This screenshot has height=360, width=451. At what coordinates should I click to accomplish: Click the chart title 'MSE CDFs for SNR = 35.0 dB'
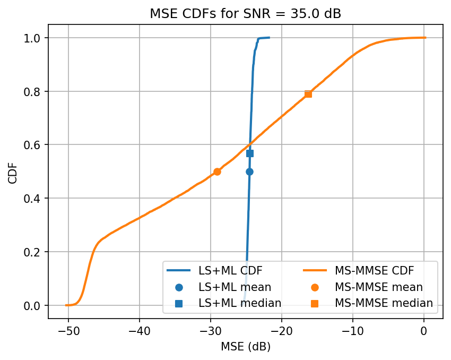coord(245,14)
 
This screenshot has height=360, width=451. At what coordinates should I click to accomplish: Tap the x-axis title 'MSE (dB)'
coord(245,347)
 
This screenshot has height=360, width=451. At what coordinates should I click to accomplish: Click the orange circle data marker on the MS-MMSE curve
coord(217,172)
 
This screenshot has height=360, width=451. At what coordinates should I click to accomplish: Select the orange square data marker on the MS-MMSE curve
coord(308,94)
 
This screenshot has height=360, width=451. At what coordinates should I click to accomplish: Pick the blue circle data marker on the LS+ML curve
coord(249,172)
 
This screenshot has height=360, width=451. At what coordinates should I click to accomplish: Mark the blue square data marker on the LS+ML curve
coord(250,153)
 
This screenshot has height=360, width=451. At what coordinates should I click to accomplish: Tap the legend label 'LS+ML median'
coord(239,303)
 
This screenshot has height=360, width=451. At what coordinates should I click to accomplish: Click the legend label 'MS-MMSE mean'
coord(378,287)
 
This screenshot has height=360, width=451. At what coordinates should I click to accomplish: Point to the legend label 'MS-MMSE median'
coord(384,303)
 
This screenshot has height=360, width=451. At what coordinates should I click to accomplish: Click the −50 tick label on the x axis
coord(68,331)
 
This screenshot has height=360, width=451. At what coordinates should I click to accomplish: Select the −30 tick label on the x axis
coord(210,331)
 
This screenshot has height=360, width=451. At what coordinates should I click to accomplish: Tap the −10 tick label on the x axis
coord(352,331)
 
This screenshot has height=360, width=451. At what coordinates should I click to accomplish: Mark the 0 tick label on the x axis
coord(423,331)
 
